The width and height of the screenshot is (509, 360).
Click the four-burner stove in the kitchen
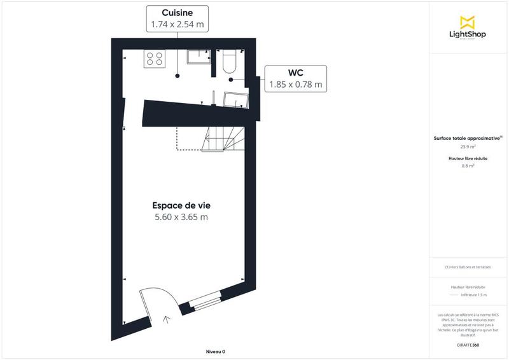(155, 59)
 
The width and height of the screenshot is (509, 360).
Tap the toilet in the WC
(230, 60)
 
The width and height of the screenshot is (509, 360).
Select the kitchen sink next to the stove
(199, 57)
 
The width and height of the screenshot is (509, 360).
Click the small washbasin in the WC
(237, 99)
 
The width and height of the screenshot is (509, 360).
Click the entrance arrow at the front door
(168, 321)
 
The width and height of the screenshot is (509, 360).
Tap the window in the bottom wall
(206, 301)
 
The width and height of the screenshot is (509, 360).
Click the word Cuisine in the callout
(178, 13)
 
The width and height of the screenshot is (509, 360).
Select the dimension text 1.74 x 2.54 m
(178, 25)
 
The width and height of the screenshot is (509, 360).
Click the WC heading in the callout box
(295, 73)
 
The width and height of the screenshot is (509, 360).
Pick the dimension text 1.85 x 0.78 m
(295, 84)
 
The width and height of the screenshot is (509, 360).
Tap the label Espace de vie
(181, 205)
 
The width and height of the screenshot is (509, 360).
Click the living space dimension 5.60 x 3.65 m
(181, 218)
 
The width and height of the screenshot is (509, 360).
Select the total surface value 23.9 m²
(468, 146)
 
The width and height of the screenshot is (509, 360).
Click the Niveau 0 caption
(216, 352)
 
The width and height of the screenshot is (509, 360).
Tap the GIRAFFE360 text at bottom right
(468, 344)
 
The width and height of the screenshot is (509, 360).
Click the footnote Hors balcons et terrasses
(468, 267)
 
